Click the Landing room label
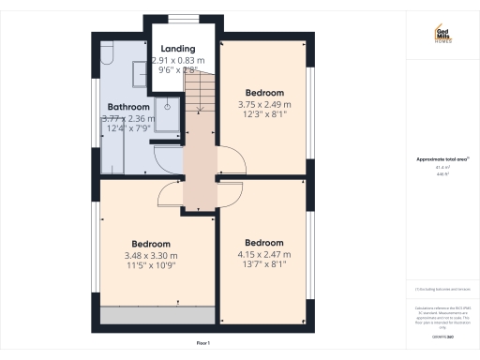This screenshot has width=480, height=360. point(178,49)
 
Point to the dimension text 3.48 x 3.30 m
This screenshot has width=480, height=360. point(150,255)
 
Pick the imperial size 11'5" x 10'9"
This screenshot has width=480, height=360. point(150,265)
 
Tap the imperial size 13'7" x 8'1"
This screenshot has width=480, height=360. point(263,264)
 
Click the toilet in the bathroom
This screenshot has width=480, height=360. point(105,57)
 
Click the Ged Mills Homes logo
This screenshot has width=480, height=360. point(442,36)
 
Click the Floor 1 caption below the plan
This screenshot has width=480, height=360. point(202,344)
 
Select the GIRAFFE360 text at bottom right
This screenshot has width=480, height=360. point(442,335)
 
